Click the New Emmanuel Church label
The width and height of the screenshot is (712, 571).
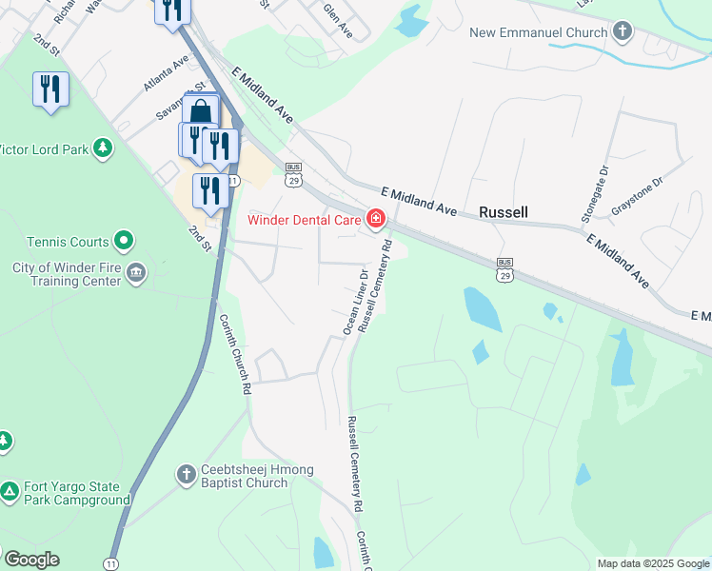(538, 33)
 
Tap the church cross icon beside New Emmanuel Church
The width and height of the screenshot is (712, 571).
(623, 32)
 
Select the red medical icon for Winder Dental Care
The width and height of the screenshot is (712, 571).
(376, 221)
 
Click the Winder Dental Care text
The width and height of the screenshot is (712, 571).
(304, 221)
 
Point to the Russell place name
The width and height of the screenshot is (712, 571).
(503, 212)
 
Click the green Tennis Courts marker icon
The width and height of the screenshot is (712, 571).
(123, 241)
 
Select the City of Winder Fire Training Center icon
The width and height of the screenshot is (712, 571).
(135, 274)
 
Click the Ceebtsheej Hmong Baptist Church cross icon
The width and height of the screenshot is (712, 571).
(188, 473)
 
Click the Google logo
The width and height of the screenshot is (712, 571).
(31, 560)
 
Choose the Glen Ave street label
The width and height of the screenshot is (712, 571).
(338, 21)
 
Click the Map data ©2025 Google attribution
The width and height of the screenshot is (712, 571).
(653, 563)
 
